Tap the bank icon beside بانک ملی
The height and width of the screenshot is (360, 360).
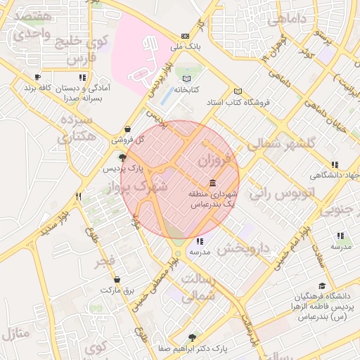185,36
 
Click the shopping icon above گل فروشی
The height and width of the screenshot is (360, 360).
127,129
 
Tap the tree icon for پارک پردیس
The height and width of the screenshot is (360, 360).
123,157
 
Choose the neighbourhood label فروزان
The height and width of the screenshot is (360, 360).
214,160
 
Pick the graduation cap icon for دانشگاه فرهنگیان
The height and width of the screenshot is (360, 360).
322,285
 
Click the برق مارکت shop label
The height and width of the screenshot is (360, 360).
116,290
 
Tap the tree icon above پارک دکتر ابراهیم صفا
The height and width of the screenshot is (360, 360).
193,337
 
